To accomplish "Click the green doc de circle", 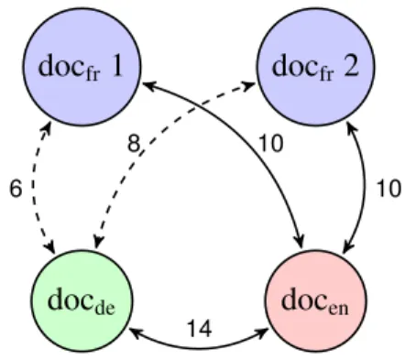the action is tap(82, 300).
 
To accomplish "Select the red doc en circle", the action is tap(316, 300).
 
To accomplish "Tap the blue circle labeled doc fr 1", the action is tap(82, 67).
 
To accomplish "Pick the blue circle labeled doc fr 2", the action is tap(316, 67).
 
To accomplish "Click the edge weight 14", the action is tap(200, 329).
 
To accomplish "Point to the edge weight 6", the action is tap(16, 189).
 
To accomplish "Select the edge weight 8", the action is tap(134, 144).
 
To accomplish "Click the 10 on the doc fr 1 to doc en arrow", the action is tap(271, 143).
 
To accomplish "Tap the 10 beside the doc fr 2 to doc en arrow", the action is tap(389, 189).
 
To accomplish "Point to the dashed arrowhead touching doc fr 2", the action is tap(249, 86).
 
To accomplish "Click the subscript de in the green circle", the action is tap(105, 308).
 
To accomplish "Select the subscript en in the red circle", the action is tap(338, 309).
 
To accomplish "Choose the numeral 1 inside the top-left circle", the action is tap(116, 66).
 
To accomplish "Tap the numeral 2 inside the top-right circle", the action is tap(351, 65).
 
